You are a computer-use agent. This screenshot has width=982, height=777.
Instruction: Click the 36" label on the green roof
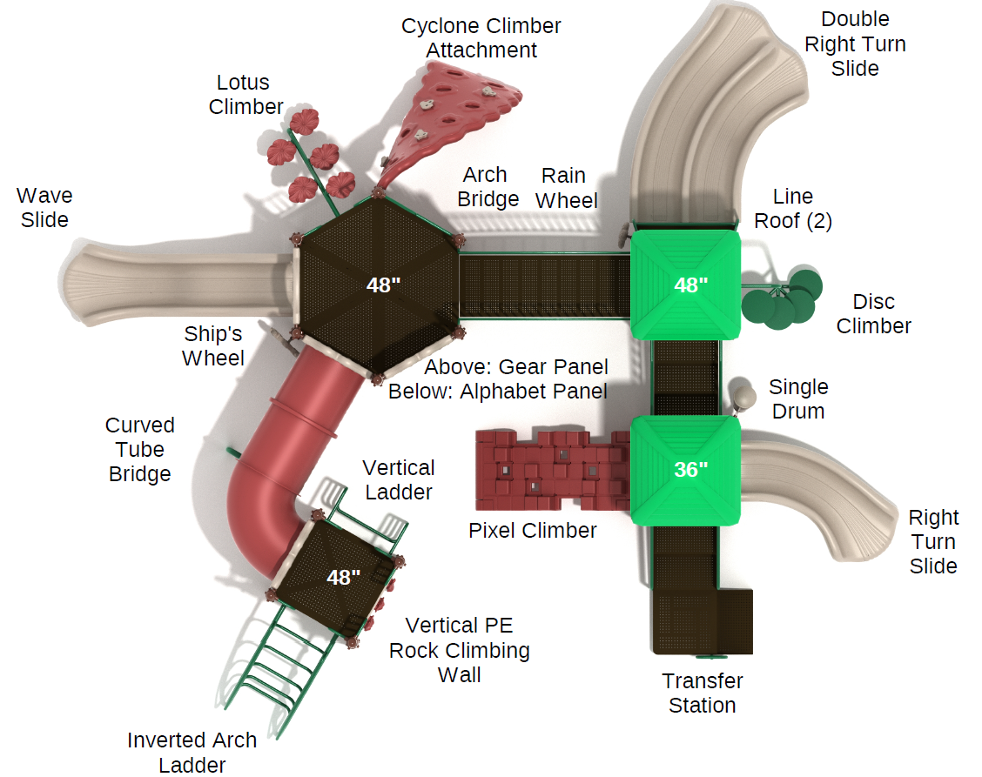691,469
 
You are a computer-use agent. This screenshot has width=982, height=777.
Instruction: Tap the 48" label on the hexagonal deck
382,285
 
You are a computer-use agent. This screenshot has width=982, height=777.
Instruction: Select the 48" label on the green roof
691,285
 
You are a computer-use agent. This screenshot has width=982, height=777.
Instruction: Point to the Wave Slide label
44,208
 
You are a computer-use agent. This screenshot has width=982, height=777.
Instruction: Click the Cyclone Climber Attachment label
481,38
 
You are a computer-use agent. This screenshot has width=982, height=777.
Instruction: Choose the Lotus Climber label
245,95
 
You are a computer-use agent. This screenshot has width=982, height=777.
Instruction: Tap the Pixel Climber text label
533,530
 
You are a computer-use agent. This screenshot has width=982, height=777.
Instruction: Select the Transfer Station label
703,693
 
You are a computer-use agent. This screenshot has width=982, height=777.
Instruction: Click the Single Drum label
798,399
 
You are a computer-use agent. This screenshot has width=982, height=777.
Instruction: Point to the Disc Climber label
873,314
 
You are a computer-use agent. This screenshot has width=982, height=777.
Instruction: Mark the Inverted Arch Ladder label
192,752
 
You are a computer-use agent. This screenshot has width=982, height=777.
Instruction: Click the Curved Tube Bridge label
140,450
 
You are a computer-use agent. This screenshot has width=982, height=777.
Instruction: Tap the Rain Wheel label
567,188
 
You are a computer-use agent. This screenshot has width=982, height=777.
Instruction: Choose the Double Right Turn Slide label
855,44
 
